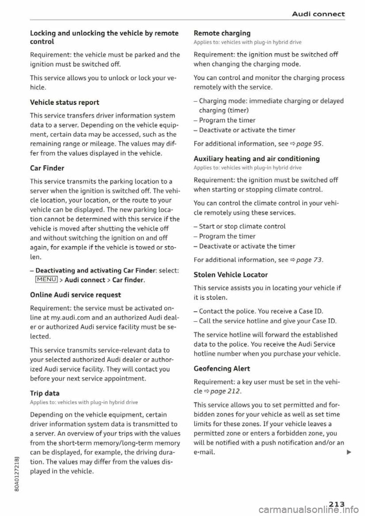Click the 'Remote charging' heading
point(222,33)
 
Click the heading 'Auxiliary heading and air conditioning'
point(256,158)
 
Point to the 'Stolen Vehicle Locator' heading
point(230,275)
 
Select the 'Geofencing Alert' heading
point(222,369)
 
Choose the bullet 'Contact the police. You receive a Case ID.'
point(258,312)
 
